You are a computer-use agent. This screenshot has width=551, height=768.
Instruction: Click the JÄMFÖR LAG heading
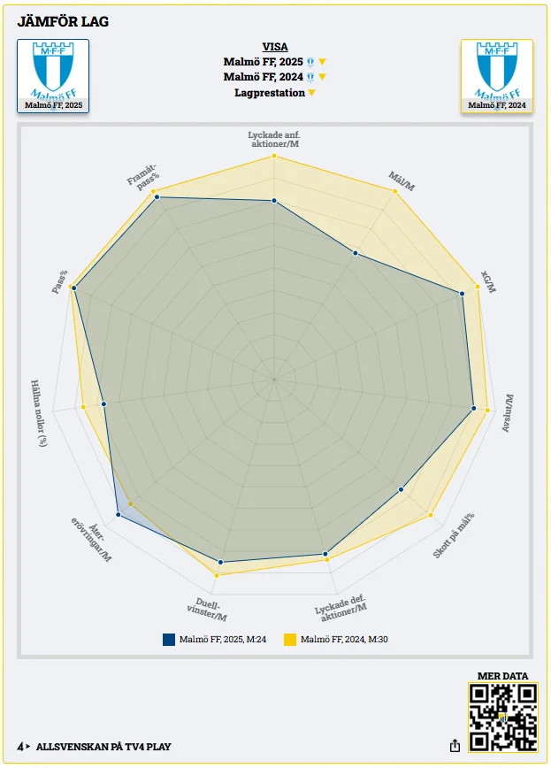(x=63, y=21)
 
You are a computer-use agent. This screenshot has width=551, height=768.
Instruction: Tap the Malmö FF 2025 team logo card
(x=53, y=76)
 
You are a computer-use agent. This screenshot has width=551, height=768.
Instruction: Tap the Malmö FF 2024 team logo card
(x=496, y=76)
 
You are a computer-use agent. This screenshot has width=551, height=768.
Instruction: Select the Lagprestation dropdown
(x=273, y=93)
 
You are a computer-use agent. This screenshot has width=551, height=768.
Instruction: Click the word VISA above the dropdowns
(x=274, y=47)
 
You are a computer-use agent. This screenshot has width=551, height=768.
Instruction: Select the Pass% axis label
(x=60, y=281)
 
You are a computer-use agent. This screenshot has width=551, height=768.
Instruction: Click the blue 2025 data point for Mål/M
(x=356, y=254)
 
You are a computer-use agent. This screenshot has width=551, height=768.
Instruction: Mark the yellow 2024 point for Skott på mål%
(x=431, y=514)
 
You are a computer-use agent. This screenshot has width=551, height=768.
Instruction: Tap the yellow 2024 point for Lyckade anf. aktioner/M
(x=274, y=156)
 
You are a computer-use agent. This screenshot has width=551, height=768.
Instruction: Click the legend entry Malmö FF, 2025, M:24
(x=215, y=639)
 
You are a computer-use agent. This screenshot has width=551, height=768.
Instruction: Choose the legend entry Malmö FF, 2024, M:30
(x=336, y=639)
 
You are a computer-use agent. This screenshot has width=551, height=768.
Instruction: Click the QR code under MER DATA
(x=502, y=718)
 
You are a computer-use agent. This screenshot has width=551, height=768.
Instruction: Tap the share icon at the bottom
(x=455, y=746)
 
